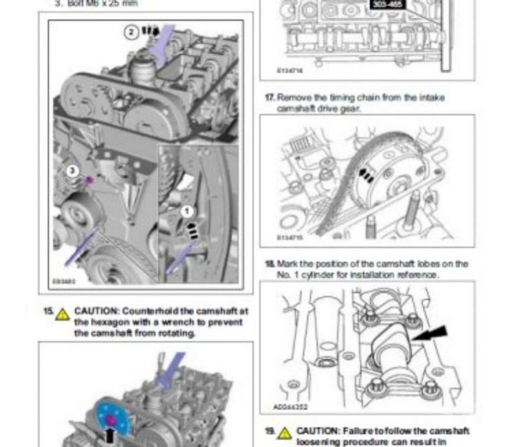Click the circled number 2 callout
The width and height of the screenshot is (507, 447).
(x=131, y=33)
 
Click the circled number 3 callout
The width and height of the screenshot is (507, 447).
(x=73, y=171)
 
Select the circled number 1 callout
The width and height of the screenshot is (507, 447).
(x=187, y=212)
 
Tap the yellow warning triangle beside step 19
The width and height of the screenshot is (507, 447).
(x=284, y=433)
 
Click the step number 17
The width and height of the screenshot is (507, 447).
(x=269, y=98)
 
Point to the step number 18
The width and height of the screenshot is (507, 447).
(x=270, y=264)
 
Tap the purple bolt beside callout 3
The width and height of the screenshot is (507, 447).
(x=89, y=180)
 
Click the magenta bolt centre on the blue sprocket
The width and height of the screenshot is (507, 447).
(x=111, y=421)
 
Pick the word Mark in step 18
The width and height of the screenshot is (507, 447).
(x=286, y=264)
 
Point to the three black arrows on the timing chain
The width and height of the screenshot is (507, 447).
(x=366, y=175)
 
